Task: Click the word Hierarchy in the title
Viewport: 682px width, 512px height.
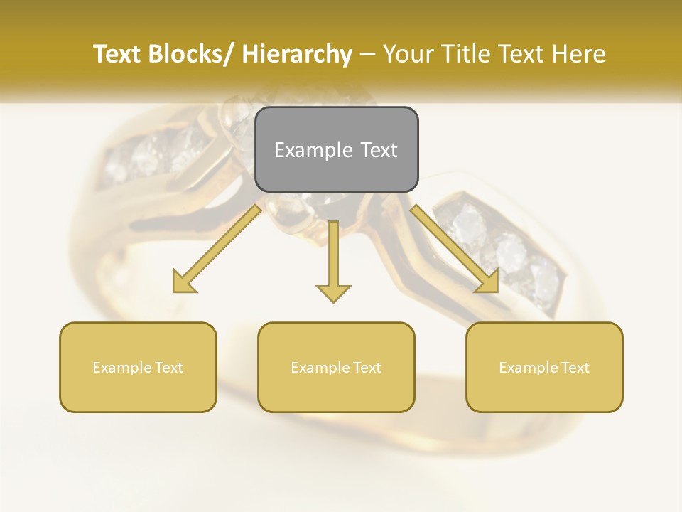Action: pyautogui.click(x=297, y=54)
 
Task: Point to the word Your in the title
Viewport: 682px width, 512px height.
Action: pyautogui.click(x=408, y=54)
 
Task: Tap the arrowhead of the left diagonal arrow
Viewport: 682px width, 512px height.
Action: pyautogui.click(x=183, y=283)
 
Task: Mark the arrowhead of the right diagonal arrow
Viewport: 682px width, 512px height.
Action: pyautogui.click(x=489, y=283)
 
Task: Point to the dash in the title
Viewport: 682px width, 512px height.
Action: pyautogui.click(x=367, y=54)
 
